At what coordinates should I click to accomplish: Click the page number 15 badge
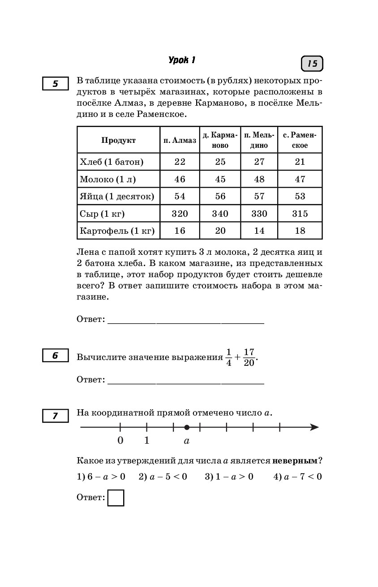coord(312,64)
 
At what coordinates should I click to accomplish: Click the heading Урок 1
coord(182,60)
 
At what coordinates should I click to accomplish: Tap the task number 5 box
coord(56,84)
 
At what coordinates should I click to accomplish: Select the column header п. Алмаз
coord(180,140)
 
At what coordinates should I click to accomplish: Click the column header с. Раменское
coord(300,140)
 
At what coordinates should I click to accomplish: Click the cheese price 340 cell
coord(220,214)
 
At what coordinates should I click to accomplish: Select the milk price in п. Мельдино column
coord(259,179)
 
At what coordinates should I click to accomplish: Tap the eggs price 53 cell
coord(300,196)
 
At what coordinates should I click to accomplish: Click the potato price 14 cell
coord(259,231)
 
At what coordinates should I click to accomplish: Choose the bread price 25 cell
coord(220,162)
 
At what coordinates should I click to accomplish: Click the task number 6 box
coord(56,356)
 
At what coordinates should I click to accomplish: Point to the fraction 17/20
coord(249,357)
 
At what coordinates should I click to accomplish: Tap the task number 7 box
coord(56,416)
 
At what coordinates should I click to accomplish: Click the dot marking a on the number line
coord(187,428)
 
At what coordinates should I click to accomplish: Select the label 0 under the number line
coord(120,441)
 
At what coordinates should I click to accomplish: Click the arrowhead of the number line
coord(315,428)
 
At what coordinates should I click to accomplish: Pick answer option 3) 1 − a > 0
coord(229,477)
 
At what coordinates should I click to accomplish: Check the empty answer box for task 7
coord(116,498)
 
